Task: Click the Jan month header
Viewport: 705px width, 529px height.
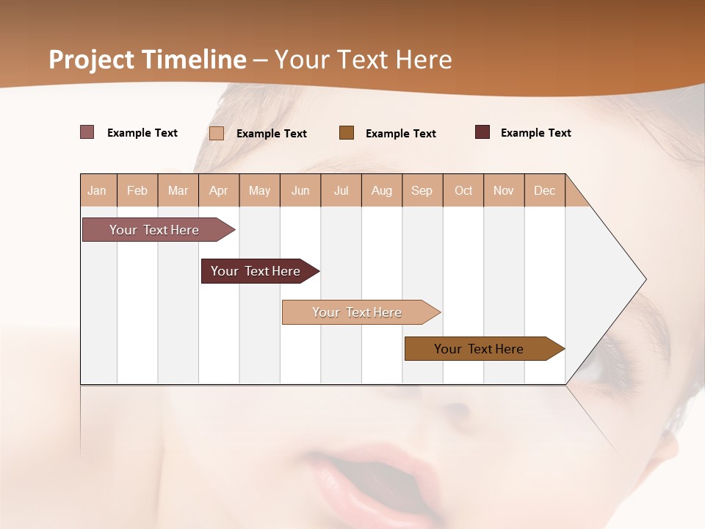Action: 97,190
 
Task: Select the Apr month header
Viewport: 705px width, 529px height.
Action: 218,190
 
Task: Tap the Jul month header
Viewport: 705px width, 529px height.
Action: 341,190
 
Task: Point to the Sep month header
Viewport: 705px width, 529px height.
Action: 422,190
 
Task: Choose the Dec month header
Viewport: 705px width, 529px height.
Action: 544,190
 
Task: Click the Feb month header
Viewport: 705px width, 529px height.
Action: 137,190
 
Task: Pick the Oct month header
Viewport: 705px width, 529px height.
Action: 463,190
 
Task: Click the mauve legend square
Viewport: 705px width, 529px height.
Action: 87,132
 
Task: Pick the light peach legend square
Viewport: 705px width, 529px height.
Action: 217,133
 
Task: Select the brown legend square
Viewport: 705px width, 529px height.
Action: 347,132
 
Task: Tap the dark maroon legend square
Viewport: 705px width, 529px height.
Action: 482,132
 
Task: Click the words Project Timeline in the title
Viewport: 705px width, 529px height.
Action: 147,60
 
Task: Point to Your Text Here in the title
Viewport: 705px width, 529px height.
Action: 363,60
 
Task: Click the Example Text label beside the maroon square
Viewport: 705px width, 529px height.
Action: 535,133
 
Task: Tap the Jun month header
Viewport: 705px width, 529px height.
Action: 300,190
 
